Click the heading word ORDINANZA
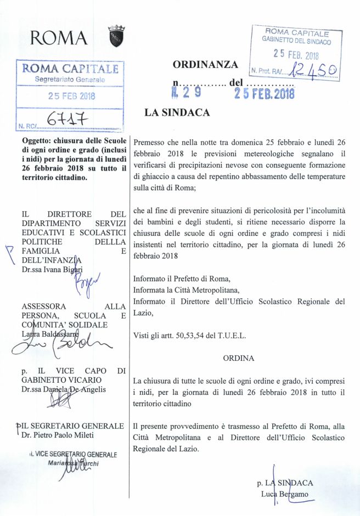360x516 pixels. tap(205, 65)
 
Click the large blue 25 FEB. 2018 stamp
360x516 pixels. tap(265, 94)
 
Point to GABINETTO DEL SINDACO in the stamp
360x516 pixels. tap(296, 41)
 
